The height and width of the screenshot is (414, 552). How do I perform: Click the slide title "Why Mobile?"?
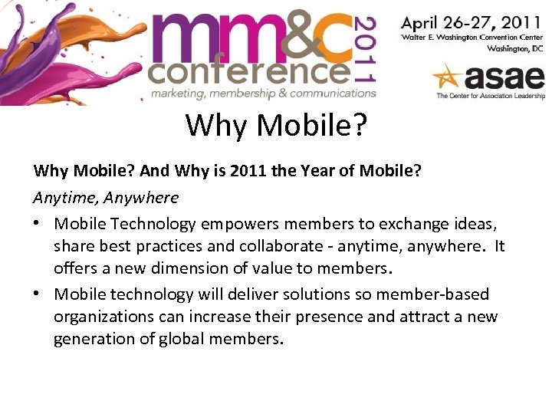(x=276, y=125)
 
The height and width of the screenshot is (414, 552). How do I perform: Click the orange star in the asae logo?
(x=449, y=77)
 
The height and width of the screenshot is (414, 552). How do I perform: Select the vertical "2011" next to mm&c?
(x=366, y=49)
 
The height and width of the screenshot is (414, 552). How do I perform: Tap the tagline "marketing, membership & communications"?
(x=263, y=94)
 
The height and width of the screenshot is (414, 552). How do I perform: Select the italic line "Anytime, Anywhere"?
(x=106, y=197)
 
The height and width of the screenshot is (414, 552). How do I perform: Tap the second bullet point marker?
(x=39, y=294)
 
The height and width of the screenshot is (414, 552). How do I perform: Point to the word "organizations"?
(x=105, y=317)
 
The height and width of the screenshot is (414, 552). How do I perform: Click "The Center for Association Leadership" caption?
(x=491, y=97)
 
